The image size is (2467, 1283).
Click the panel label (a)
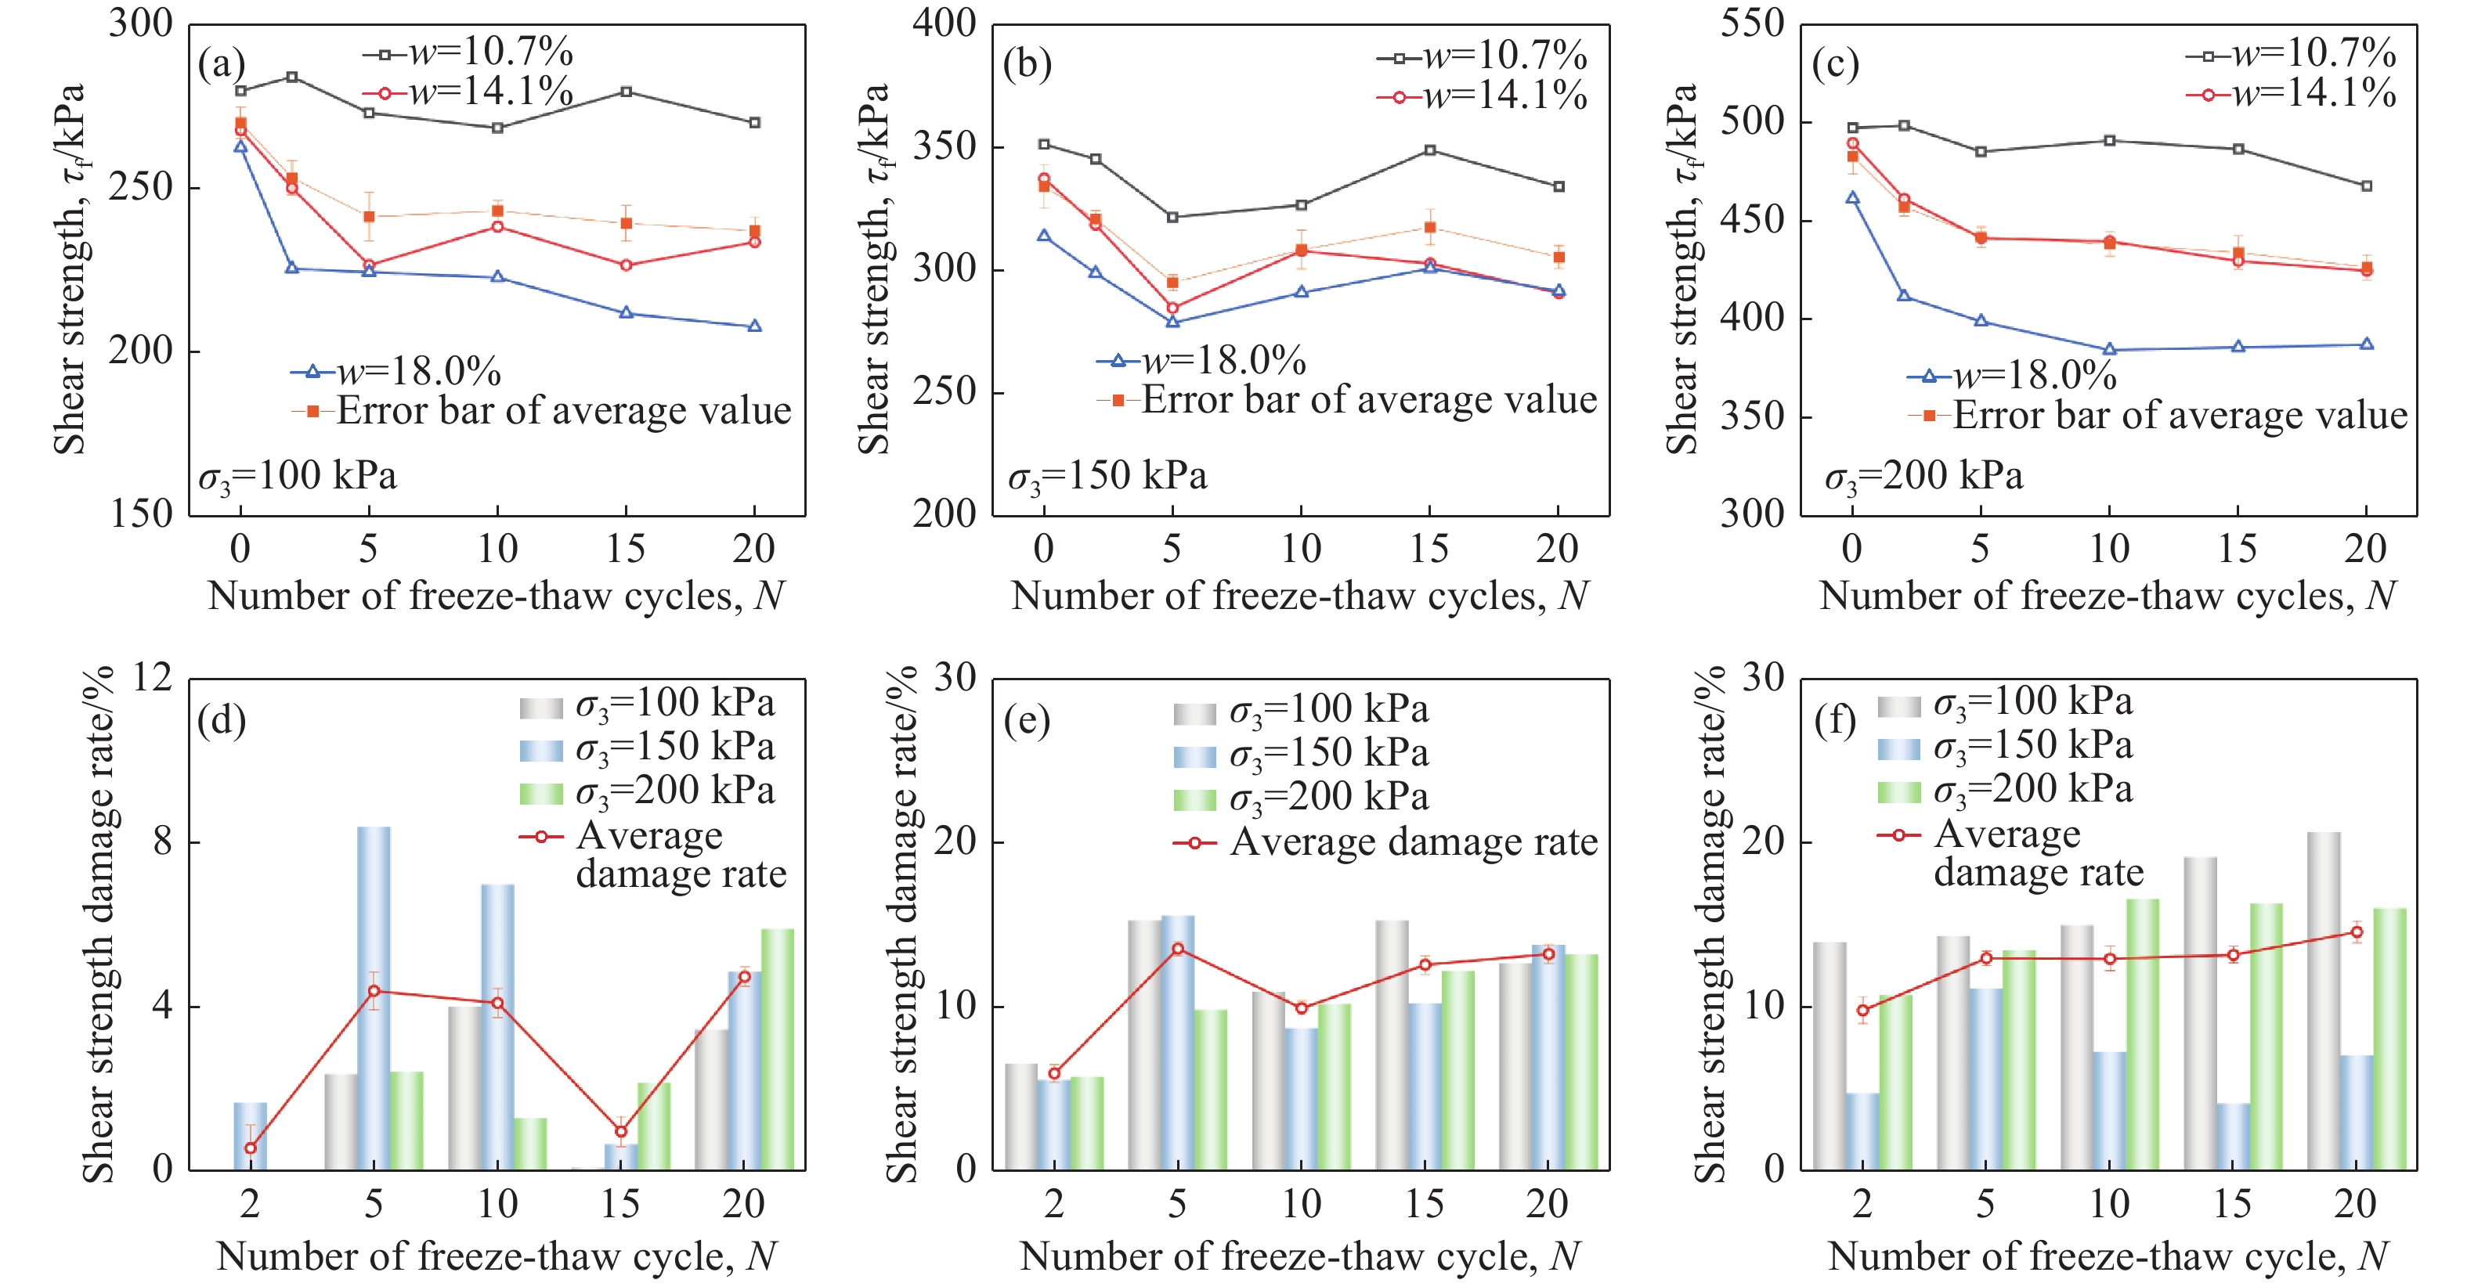(x=221, y=64)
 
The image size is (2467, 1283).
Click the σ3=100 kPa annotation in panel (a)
(x=297, y=476)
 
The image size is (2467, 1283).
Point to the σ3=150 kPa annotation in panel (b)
(x=1107, y=476)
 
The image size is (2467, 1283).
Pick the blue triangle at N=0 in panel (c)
(x=1852, y=198)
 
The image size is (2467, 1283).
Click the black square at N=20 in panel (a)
(x=755, y=123)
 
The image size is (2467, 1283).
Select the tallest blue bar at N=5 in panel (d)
(x=374, y=996)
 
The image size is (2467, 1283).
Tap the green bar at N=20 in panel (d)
(x=777, y=1048)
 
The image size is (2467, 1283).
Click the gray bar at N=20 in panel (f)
(x=2324, y=1000)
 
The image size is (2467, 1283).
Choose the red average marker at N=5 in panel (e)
(x=1177, y=949)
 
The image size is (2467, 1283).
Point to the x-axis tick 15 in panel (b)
(x=1429, y=549)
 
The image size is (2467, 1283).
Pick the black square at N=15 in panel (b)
(x=1430, y=150)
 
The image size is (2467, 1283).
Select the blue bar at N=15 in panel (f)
(x=2232, y=1137)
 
